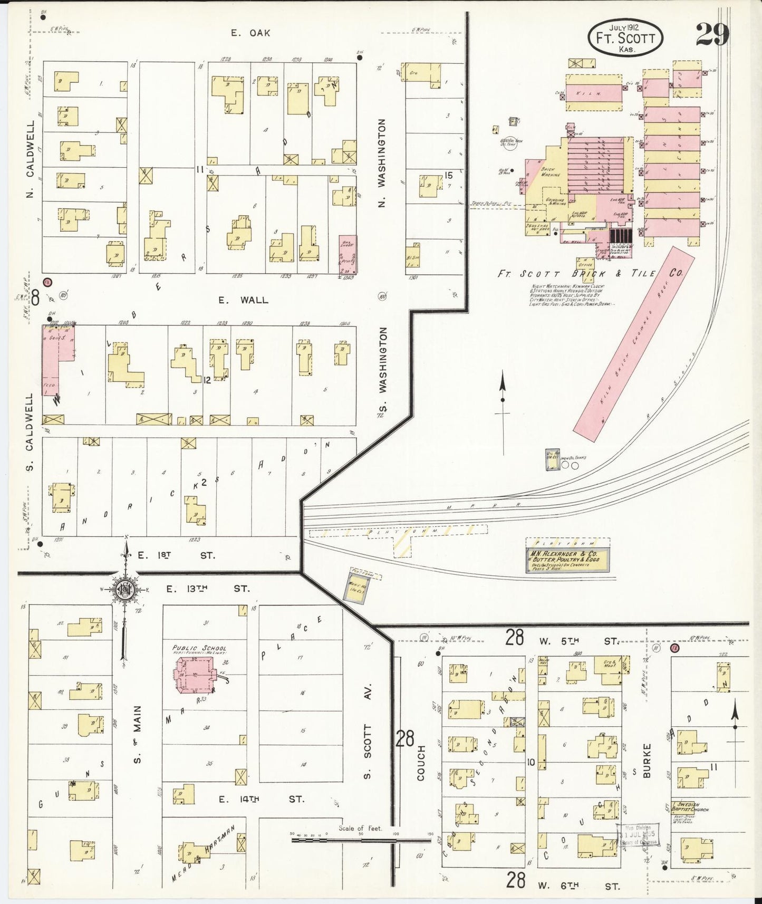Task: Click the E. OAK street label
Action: pyautogui.click(x=251, y=33)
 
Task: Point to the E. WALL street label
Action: pyautogui.click(x=244, y=300)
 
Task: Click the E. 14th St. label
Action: pyautogui.click(x=262, y=800)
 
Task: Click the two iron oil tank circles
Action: pyautogui.click(x=570, y=466)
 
